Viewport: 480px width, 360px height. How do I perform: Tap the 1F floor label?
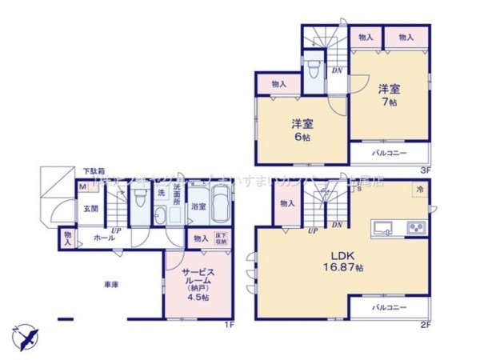228,324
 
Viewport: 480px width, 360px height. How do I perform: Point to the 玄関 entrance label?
91,210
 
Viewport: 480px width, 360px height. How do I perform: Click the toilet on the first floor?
141,196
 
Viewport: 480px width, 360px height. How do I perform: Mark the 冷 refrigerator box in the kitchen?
420,189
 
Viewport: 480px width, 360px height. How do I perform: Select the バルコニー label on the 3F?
389,152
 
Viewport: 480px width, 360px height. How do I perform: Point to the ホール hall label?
102,238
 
